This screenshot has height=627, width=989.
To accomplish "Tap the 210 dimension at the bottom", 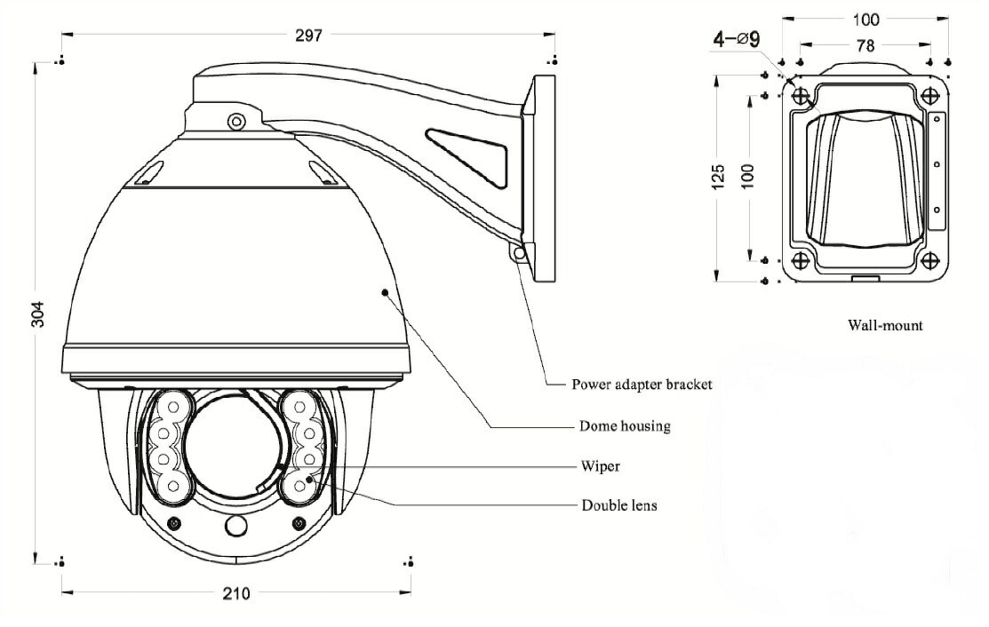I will tap(236, 593).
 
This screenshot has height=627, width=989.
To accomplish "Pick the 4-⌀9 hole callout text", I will tap(736, 38).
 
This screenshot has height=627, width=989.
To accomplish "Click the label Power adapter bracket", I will tap(641, 385).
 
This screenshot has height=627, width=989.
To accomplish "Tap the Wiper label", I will tap(601, 465).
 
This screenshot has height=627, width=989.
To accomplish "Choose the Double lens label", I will tap(619, 505).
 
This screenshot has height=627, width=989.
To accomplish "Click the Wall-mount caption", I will tap(885, 325).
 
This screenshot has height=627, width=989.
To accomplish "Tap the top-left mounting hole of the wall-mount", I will tap(800, 95).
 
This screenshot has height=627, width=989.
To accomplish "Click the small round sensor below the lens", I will tap(235, 526).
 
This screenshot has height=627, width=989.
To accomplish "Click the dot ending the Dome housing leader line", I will tap(385, 290).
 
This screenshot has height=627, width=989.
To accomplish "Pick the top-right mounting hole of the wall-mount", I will tap(930, 95).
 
